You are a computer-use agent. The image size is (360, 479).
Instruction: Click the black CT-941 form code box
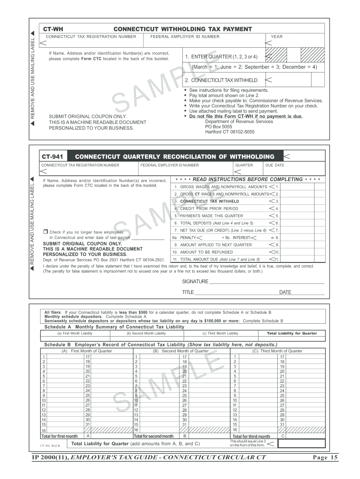53,156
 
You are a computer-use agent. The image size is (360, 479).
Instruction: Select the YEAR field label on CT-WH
276,36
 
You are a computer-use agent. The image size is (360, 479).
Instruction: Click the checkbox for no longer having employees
45,232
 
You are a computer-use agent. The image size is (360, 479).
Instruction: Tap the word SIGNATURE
195,282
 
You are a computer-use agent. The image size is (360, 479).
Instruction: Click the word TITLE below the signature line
187,292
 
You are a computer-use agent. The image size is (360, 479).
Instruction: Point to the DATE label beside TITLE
285,292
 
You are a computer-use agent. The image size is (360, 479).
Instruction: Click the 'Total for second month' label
154,436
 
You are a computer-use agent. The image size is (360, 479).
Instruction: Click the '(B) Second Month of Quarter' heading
180,351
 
